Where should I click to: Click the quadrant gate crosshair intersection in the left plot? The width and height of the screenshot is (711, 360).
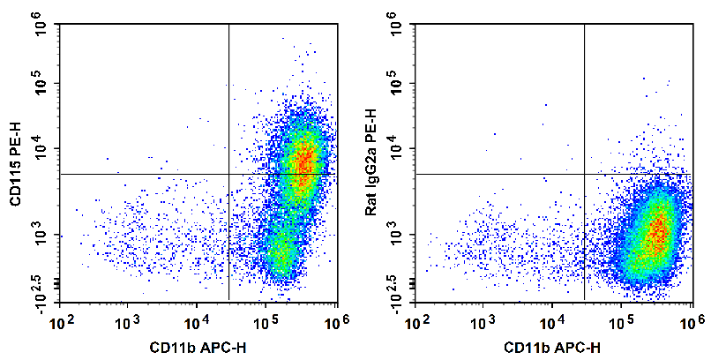[228, 174]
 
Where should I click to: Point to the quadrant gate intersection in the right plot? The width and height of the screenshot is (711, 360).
[584, 174]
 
